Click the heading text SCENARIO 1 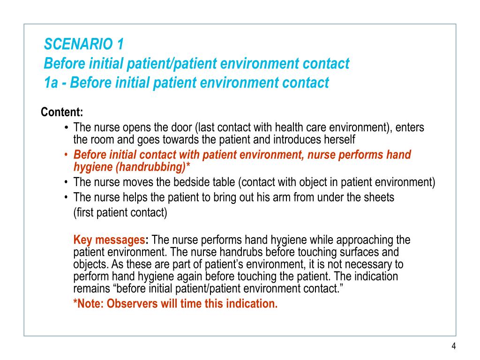click(x=84, y=45)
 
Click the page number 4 click(x=453, y=346)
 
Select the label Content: click(x=62, y=112)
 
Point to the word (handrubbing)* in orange click(x=163, y=167)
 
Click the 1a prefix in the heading click(x=51, y=83)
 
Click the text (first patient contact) click(x=120, y=212)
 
